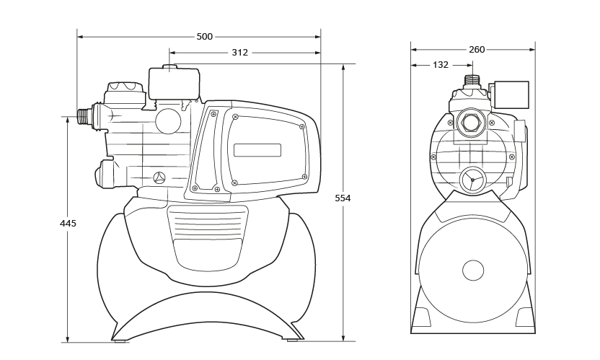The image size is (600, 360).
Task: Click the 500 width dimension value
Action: [x=205, y=36]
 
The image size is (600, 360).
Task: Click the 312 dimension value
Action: [x=240, y=53]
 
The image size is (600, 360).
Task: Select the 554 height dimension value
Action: [x=343, y=198]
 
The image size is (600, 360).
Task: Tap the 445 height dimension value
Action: [x=68, y=224]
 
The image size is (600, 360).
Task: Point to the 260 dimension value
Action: [x=477, y=50]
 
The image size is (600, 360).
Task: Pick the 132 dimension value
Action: [x=441, y=65]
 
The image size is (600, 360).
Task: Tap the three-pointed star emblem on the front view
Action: [x=160, y=177]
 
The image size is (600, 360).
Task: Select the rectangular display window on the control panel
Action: [x=257, y=151]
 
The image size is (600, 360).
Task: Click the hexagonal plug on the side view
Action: [x=472, y=123]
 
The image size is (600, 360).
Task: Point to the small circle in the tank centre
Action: [x=473, y=271]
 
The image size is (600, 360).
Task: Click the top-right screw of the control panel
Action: [x=302, y=126]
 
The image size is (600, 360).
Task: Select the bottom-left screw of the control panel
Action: [x=235, y=182]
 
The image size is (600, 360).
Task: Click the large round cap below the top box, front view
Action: [x=169, y=120]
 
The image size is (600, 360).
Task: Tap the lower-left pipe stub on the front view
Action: [x=105, y=173]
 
